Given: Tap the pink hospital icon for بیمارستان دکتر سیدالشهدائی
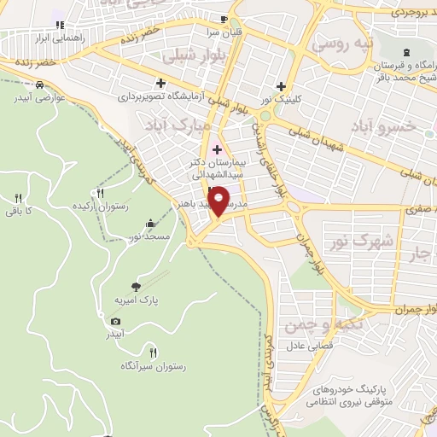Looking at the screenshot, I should pyautogui.click(x=216, y=150).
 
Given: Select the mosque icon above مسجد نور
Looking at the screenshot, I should pyautogui.click(x=151, y=224).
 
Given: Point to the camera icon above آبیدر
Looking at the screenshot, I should pyautogui.click(x=115, y=321).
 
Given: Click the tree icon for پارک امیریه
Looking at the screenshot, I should pyautogui.click(x=135, y=288).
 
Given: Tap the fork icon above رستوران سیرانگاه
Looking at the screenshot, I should pyautogui.click(x=154, y=352).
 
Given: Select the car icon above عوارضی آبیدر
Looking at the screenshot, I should pyautogui.click(x=39, y=85).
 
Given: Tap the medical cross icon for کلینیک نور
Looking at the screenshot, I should pyautogui.click(x=281, y=85).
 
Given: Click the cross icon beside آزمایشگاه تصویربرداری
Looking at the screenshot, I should pyautogui.click(x=160, y=82).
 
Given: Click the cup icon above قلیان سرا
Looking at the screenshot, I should pyautogui.click(x=223, y=20).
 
